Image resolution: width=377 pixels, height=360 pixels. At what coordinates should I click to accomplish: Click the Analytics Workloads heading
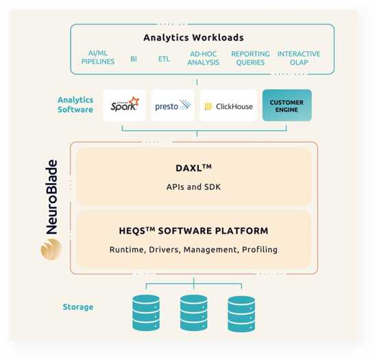(193, 38)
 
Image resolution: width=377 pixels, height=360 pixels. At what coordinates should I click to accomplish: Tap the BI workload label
(134, 59)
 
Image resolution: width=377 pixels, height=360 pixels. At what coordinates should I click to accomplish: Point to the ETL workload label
(164, 59)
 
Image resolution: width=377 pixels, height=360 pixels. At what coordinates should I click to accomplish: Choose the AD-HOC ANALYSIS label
(203, 58)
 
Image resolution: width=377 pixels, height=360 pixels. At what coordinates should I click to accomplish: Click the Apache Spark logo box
(125, 106)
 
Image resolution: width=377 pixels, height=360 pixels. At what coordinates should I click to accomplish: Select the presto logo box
(173, 106)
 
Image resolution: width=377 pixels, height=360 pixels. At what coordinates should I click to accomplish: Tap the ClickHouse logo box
(228, 106)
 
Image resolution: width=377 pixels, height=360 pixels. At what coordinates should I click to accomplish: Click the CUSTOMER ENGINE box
(287, 106)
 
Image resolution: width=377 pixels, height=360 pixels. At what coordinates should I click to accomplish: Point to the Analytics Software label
(75, 105)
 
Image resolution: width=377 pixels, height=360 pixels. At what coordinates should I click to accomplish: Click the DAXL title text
(193, 167)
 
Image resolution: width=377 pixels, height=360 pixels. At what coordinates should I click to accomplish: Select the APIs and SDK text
(193, 186)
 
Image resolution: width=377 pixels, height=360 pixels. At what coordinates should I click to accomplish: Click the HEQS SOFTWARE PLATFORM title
(193, 231)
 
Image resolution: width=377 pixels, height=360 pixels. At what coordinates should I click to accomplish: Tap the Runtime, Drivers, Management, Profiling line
(193, 250)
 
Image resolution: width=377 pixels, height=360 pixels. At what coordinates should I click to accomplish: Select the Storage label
(77, 307)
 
